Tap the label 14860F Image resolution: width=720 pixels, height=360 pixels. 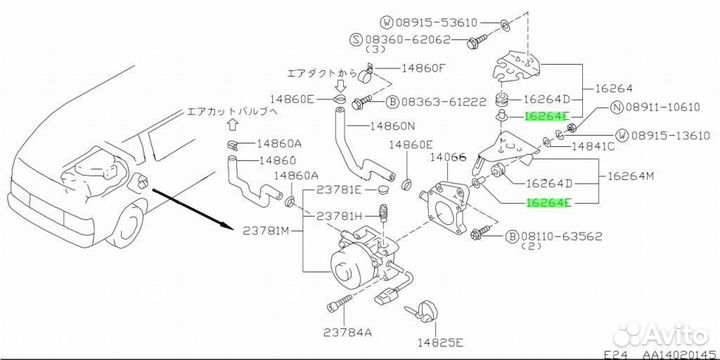[x=423, y=68]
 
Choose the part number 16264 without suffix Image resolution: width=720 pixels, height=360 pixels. [x=614, y=89]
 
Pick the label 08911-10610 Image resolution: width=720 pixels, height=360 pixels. [x=664, y=108]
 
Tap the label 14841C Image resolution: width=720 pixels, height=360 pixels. [x=592, y=146]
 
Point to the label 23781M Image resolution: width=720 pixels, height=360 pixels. [x=266, y=231]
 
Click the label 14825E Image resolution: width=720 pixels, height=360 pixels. [x=440, y=342]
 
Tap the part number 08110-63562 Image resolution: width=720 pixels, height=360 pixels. [x=561, y=236]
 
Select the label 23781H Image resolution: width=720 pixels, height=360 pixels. [x=338, y=216]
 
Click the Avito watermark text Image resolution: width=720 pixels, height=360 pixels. [x=675, y=335]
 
